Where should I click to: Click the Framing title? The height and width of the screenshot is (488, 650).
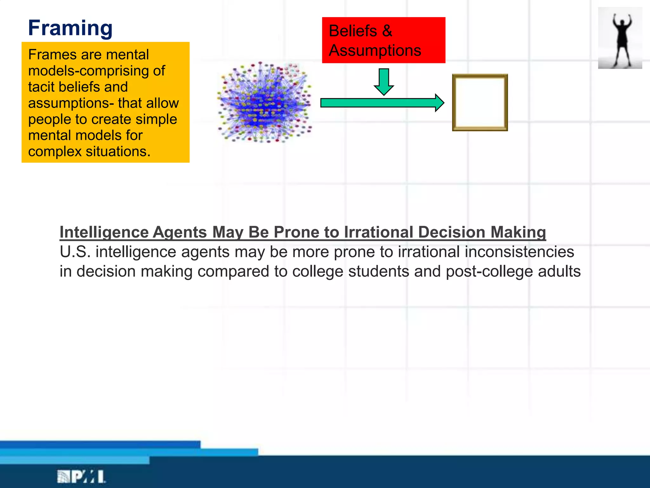(70, 28)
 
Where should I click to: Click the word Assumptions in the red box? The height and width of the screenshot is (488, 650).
(375, 51)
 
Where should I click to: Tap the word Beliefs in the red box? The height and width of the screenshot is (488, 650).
(353, 31)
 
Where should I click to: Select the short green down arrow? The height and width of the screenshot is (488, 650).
(384, 82)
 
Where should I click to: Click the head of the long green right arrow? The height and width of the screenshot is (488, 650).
(439, 103)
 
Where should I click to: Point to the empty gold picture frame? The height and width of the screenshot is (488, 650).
(480, 103)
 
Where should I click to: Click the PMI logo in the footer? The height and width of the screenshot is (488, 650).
(81, 477)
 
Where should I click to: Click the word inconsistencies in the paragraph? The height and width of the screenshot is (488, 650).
(519, 252)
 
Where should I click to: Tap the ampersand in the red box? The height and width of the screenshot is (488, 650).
(387, 31)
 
